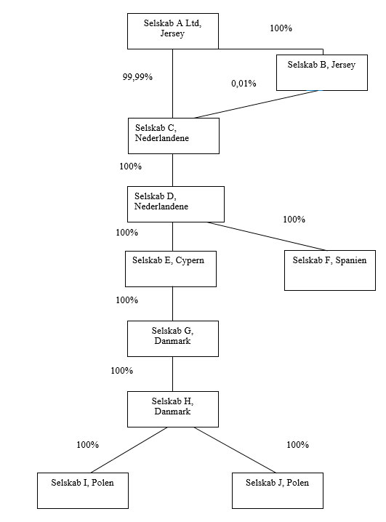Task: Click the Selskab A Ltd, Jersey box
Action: pyautogui.click(x=173, y=31)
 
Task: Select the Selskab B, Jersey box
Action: pyautogui.click(x=322, y=73)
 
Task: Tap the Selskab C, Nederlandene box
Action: pyautogui.click(x=174, y=136)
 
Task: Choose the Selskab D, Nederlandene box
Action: pyautogui.click(x=176, y=204)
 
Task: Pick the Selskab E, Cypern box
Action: pyautogui.click(x=171, y=269)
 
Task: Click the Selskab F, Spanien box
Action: pyautogui.click(x=330, y=270)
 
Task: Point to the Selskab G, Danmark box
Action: pyautogui.click(x=173, y=339)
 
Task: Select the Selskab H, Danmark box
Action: pyautogui.click(x=173, y=409)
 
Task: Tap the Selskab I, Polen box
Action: pyautogui.click(x=83, y=491)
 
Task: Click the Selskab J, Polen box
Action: pyautogui.click(x=278, y=491)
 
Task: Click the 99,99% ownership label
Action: pyautogui.click(x=137, y=77)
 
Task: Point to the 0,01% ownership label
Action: pyautogui.click(x=244, y=83)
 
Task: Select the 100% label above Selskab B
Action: pyautogui.click(x=281, y=28)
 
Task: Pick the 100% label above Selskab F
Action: pyautogui.click(x=294, y=220)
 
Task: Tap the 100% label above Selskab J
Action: pyautogui.click(x=297, y=445)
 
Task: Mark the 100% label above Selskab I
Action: pyautogui.click(x=87, y=445)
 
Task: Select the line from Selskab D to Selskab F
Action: pyautogui.click(x=267, y=236)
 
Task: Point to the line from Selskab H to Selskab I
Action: pyautogui.click(x=129, y=450)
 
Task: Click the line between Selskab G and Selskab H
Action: pyautogui.click(x=173, y=374)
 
